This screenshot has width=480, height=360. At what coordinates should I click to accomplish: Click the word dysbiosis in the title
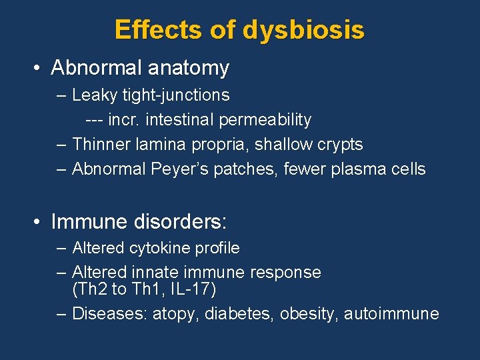coord(304,30)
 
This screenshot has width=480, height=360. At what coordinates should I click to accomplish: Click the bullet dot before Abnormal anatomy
coord(39,68)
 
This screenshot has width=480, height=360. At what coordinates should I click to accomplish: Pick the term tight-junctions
coord(176,95)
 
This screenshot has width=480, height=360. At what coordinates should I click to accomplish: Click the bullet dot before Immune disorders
coord(39,221)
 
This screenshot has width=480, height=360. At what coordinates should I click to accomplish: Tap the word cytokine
coord(160,248)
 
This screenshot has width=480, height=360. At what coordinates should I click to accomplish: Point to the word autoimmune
coord(391,313)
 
